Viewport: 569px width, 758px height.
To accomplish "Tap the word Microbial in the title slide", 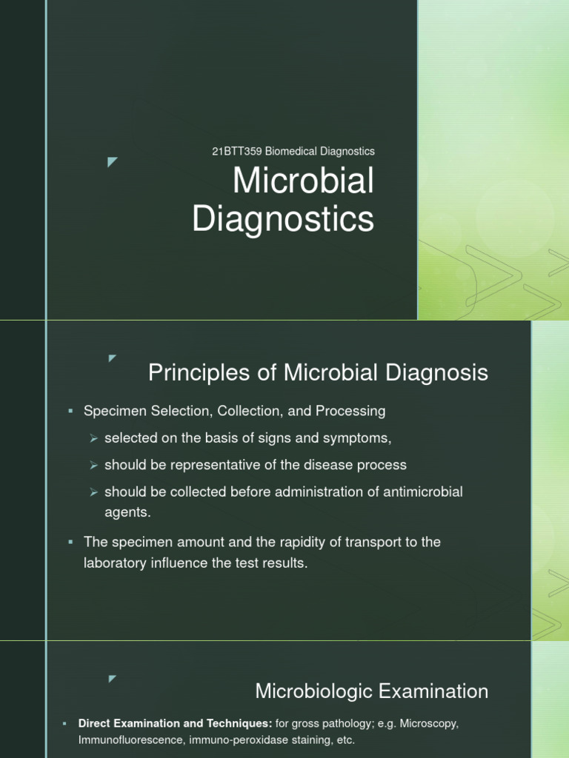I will coord(304,182).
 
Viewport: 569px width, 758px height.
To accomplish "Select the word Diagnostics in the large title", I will coord(284,220).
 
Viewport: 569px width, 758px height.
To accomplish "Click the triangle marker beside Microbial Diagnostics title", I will coord(113,162).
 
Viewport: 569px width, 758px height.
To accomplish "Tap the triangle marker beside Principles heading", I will coord(113,358).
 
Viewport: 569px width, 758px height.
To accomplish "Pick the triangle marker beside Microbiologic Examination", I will coord(113,678).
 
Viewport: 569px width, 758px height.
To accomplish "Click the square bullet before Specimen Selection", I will coord(70,411).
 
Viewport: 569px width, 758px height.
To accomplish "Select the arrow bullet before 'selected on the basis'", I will coord(93,438).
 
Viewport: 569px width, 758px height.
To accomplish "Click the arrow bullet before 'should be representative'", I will coord(93,466).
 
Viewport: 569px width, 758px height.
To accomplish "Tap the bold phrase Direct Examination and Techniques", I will coord(176,723).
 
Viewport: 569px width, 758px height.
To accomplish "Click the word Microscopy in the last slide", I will coord(430,723).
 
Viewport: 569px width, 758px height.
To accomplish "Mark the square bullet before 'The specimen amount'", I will coord(70,543).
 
